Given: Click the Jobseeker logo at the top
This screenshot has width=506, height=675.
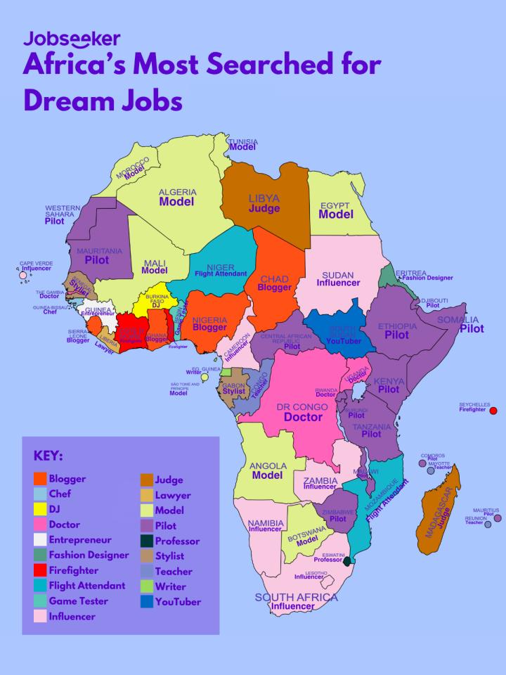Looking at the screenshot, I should pyautogui.click(x=72, y=39).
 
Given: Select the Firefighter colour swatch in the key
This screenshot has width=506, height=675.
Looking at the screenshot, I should pyautogui.click(x=41, y=570).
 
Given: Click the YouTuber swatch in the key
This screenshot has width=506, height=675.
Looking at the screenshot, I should pyautogui.click(x=147, y=601).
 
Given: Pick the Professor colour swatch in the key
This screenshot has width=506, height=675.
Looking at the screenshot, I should pyautogui.click(x=147, y=541).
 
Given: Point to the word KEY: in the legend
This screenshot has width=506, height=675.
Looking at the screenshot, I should pyautogui.click(x=48, y=456).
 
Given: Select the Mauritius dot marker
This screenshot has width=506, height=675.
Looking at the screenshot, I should pyautogui.click(x=498, y=518).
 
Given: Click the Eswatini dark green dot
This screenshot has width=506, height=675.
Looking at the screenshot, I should pyautogui.click(x=347, y=560).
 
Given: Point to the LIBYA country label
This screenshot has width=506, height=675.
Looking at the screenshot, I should pyautogui.click(x=264, y=198).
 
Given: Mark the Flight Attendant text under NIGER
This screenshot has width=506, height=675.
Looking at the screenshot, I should pyautogui.click(x=221, y=274).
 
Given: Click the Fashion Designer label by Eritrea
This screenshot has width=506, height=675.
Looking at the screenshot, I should pyautogui.click(x=427, y=278).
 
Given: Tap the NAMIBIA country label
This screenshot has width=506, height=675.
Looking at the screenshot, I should pyautogui.click(x=266, y=522).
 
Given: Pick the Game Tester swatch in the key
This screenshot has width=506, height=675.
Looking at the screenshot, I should pyautogui.click(x=41, y=601).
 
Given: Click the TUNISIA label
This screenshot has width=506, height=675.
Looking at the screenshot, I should pyautogui.click(x=243, y=141).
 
